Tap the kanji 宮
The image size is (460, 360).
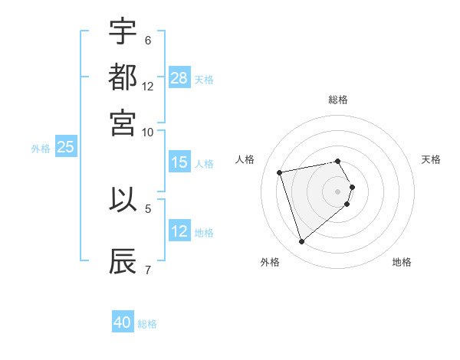123,122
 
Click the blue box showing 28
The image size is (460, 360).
179,78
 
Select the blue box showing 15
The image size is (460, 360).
179,162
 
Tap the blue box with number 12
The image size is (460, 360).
179,231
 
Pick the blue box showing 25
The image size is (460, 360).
65,148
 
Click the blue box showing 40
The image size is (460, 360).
123,323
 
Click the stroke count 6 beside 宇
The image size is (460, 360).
148,40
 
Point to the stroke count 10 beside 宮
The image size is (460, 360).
148,131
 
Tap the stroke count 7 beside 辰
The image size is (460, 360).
148,270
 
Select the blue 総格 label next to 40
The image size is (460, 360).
147,324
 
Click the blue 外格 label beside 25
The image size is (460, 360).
41,149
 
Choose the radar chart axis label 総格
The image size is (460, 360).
338,100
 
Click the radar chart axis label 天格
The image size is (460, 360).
432,159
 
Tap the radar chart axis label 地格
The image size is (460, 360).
402,262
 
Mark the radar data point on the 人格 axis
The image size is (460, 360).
280,172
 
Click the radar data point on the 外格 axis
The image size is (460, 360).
302,242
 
